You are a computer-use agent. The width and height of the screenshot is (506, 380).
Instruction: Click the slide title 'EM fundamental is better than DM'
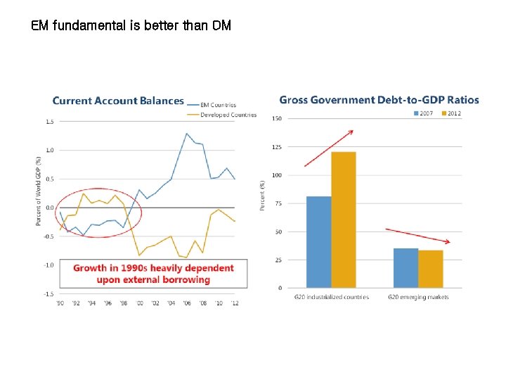pos(131,27)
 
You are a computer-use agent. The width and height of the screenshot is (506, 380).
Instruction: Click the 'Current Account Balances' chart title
pos(118,101)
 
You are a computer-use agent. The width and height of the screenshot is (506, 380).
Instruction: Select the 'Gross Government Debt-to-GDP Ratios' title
pos(379,100)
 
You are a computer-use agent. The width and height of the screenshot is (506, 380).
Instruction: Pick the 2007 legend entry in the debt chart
pos(424,113)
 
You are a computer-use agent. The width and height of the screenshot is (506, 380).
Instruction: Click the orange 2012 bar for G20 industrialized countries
pos(343,220)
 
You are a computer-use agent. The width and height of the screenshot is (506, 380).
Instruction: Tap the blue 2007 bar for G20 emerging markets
pos(406,267)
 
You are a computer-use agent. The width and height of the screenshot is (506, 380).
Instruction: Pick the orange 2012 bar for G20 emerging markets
pos(430,268)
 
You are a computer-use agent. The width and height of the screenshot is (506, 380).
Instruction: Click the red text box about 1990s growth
pos(153,273)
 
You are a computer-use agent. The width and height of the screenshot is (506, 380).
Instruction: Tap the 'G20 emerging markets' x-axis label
pos(418,297)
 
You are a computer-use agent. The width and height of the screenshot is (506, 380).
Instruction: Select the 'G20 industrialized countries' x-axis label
pos(331,297)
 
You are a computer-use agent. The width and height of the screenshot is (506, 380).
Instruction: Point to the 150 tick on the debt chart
pos(277,118)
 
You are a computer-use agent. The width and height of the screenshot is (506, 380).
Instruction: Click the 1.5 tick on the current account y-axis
pos(50,122)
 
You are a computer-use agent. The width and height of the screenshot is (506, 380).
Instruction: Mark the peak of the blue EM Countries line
pos(187,133)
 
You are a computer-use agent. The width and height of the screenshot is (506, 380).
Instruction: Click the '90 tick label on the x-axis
pos(60,303)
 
